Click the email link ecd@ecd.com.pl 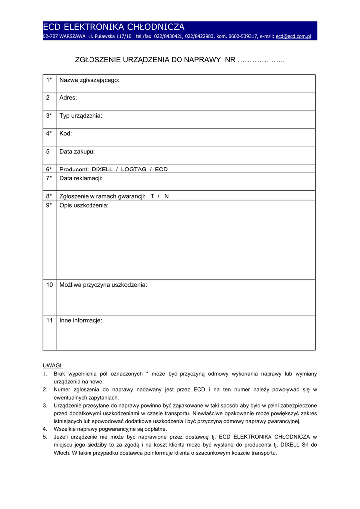[x=293, y=36]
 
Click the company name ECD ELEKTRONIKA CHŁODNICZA [x=114, y=27]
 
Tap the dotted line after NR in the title [x=261, y=60]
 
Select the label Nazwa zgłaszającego [x=90, y=80]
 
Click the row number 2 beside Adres [x=48, y=98]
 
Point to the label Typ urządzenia [x=81, y=116]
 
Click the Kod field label [x=66, y=134]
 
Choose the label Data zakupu [x=77, y=152]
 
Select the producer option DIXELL [x=102, y=170]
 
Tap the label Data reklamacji [x=81, y=178]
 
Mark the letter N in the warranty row [x=167, y=196]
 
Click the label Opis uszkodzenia [x=84, y=205]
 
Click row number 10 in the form [x=49, y=285]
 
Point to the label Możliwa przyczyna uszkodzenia [x=103, y=285]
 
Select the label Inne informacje [x=81, y=321]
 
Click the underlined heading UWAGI [x=53, y=365]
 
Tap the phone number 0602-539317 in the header [x=243, y=36]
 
